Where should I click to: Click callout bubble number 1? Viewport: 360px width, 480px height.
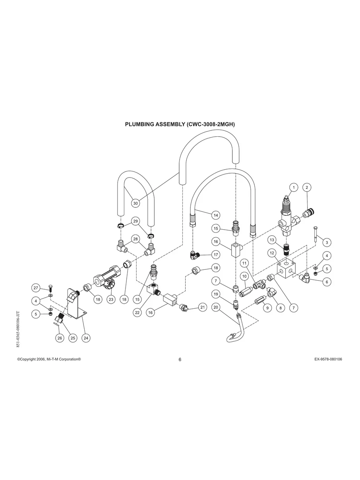[x=293, y=187]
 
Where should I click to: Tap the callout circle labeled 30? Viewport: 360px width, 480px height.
[x=135, y=203]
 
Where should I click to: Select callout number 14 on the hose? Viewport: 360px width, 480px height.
[x=216, y=215]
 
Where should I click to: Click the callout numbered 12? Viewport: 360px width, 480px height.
[x=272, y=253]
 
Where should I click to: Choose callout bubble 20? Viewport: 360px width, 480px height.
[x=216, y=307]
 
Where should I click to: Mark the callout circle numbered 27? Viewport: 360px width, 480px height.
[x=36, y=288]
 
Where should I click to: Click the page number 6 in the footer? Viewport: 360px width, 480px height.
[x=180, y=360]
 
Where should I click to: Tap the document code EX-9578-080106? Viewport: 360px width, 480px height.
[x=328, y=359]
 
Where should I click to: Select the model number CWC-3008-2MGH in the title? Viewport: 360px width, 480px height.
[x=210, y=124]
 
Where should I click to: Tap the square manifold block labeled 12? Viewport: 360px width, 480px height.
[x=286, y=270]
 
